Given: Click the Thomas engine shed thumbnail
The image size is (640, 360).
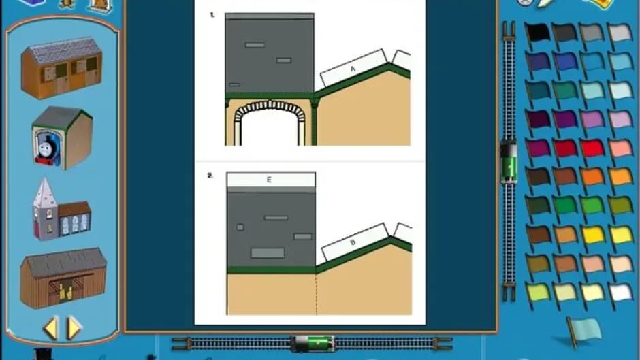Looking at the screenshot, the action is [62, 138].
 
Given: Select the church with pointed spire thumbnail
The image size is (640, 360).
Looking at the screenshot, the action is [61, 209].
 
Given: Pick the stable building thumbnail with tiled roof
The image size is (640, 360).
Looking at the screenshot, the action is [62, 68].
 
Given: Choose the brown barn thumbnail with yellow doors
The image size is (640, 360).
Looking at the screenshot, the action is [63, 278].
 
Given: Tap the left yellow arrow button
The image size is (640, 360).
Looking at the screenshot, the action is [51, 328].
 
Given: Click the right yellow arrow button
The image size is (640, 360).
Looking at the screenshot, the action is [74, 327].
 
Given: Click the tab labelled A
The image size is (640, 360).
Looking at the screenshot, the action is [353, 68].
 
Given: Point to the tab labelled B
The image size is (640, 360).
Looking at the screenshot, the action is [353, 242].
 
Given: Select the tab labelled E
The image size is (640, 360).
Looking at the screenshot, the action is [271, 180].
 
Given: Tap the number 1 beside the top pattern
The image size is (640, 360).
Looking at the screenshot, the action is [212, 15].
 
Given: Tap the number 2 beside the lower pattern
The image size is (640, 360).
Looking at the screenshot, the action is [210, 176].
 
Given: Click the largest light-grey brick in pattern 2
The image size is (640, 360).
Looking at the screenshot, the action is [268, 253].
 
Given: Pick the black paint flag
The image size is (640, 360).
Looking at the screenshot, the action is [537, 33].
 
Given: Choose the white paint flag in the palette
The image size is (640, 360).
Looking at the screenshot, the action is [620, 293].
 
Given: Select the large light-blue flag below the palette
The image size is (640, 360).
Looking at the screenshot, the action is [584, 331].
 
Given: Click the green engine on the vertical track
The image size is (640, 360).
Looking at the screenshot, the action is [508, 161].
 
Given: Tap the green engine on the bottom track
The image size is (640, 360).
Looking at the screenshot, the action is [314, 343].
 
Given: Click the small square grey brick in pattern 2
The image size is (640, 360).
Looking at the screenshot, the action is [240, 227].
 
